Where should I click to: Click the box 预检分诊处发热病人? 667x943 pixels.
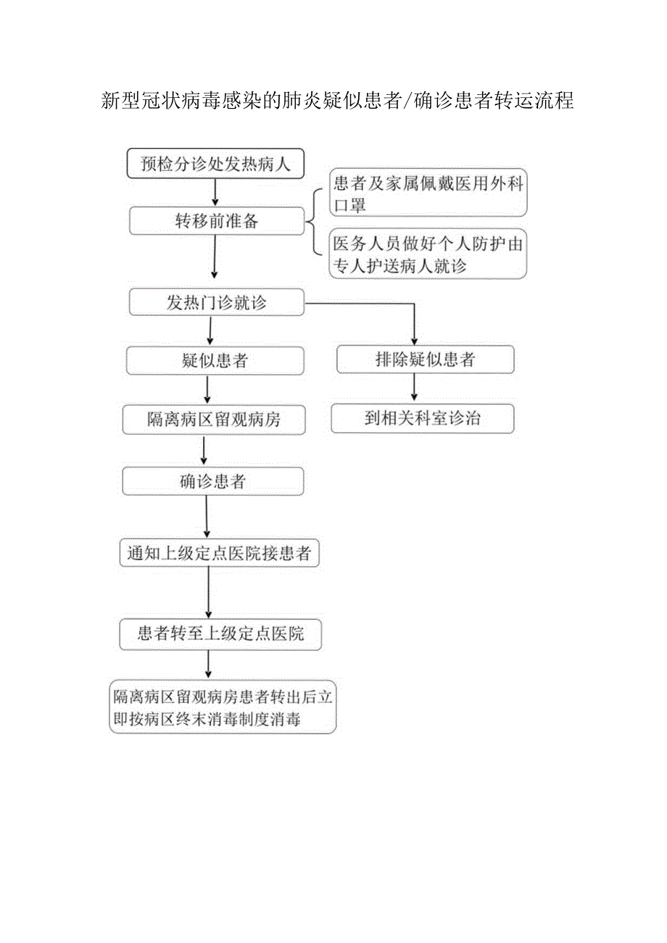click(215, 163)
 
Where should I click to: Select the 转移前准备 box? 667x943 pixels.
click(217, 221)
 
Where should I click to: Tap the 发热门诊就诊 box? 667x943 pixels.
click(217, 302)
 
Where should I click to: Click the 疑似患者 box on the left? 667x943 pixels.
click(215, 360)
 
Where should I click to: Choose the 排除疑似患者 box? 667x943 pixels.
click(426, 360)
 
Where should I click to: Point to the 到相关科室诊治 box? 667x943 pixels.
click(423, 418)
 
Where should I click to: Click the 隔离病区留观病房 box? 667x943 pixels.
click(214, 420)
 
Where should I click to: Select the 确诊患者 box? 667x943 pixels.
click(212, 481)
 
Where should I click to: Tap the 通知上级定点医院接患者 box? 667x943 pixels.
click(219, 554)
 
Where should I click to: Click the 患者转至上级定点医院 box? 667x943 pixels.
click(220, 634)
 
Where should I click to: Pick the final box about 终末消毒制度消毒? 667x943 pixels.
click(223, 707)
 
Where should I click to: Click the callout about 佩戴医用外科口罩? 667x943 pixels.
click(428, 194)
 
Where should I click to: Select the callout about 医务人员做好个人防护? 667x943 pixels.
click(428, 254)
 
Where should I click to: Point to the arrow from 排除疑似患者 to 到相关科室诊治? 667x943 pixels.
click(415, 389)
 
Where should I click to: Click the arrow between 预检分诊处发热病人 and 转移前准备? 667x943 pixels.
click(215, 191)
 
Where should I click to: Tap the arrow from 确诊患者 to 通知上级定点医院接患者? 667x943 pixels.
click(207, 517)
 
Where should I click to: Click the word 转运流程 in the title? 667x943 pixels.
click(534, 101)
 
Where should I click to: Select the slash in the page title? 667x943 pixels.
click(410, 101)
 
